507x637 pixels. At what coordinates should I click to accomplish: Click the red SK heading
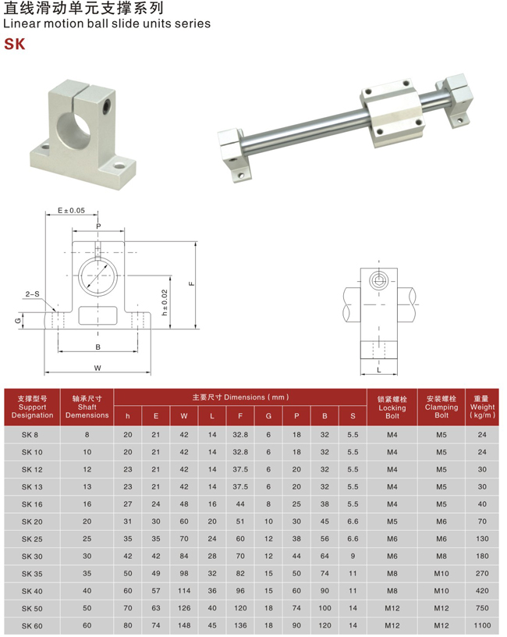(15, 44)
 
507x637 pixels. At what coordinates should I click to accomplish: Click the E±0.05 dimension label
(71, 211)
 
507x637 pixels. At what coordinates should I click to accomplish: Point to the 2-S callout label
(33, 294)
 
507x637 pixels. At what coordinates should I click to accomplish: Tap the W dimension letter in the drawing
(97, 368)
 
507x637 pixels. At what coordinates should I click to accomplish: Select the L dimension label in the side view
(379, 370)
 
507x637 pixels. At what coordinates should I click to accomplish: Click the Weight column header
(482, 407)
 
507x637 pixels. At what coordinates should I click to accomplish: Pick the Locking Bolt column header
(392, 407)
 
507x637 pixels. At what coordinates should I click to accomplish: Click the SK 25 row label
(32, 539)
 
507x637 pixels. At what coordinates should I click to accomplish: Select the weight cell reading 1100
(482, 625)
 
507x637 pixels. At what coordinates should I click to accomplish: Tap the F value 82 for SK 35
(240, 574)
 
